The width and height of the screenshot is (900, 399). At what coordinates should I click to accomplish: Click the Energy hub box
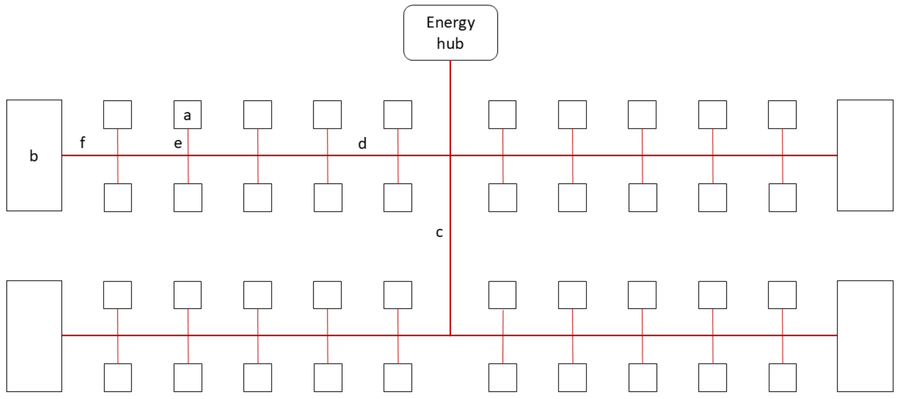point(450,32)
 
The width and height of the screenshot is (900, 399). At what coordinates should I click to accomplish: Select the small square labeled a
point(188,115)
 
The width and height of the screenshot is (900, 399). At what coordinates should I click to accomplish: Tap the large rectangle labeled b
point(34,155)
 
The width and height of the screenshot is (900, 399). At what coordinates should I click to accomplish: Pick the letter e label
point(178,143)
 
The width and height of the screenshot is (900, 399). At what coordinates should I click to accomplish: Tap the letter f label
point(82,142)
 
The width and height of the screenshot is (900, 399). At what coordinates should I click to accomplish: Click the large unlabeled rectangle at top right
point(865,155)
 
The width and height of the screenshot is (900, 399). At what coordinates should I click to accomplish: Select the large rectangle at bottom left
point(34,336)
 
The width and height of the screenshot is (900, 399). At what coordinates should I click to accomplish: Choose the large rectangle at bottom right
point(865,336)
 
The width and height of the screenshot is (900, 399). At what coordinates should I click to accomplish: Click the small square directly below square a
point(188,198)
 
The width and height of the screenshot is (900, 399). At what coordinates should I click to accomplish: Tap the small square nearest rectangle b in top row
point(117,115)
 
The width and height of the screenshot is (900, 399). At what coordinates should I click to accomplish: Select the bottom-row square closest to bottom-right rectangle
point(783,377)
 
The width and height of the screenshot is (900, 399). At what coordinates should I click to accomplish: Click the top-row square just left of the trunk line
point(398,115)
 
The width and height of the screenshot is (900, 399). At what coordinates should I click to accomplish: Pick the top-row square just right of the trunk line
point(502,115)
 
